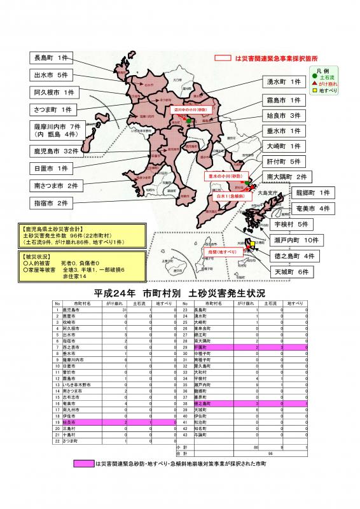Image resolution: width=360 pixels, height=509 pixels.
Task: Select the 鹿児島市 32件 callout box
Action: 57,151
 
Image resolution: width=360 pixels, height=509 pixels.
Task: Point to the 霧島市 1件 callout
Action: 283,101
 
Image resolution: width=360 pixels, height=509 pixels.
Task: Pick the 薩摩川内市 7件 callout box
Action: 57,130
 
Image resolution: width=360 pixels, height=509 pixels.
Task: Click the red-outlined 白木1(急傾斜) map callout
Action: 230,197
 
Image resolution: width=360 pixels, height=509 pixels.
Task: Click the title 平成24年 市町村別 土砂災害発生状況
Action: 179,293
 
